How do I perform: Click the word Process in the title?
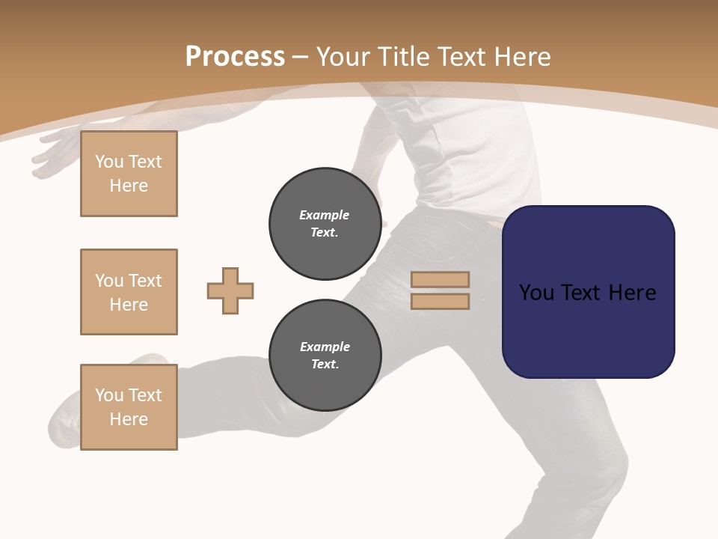235,57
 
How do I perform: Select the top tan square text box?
129,174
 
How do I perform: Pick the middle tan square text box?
129,292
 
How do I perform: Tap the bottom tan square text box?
129,406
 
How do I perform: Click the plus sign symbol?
230,290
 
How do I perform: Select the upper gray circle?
325,224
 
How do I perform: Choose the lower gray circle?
325,356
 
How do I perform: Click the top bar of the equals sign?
440,279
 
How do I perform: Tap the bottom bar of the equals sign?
440,301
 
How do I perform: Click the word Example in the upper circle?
325,215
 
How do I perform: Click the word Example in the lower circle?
325,347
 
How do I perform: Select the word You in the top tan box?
108,162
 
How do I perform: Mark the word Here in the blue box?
632,293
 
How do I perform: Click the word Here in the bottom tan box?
129,419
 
